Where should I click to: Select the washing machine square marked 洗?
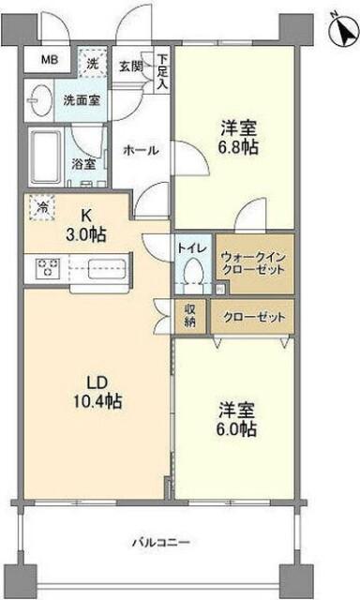click(x=93, y=65)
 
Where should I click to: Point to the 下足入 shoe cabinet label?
click(x=162, y=69)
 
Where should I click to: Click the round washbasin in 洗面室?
click(x=40, y=98)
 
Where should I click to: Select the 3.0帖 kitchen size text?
click(x=84, y=232)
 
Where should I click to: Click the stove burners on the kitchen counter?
click(x=47, y=268)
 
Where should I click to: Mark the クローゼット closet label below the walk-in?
click(x=254, y=316)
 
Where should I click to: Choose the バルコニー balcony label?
click(x=161, y=542)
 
